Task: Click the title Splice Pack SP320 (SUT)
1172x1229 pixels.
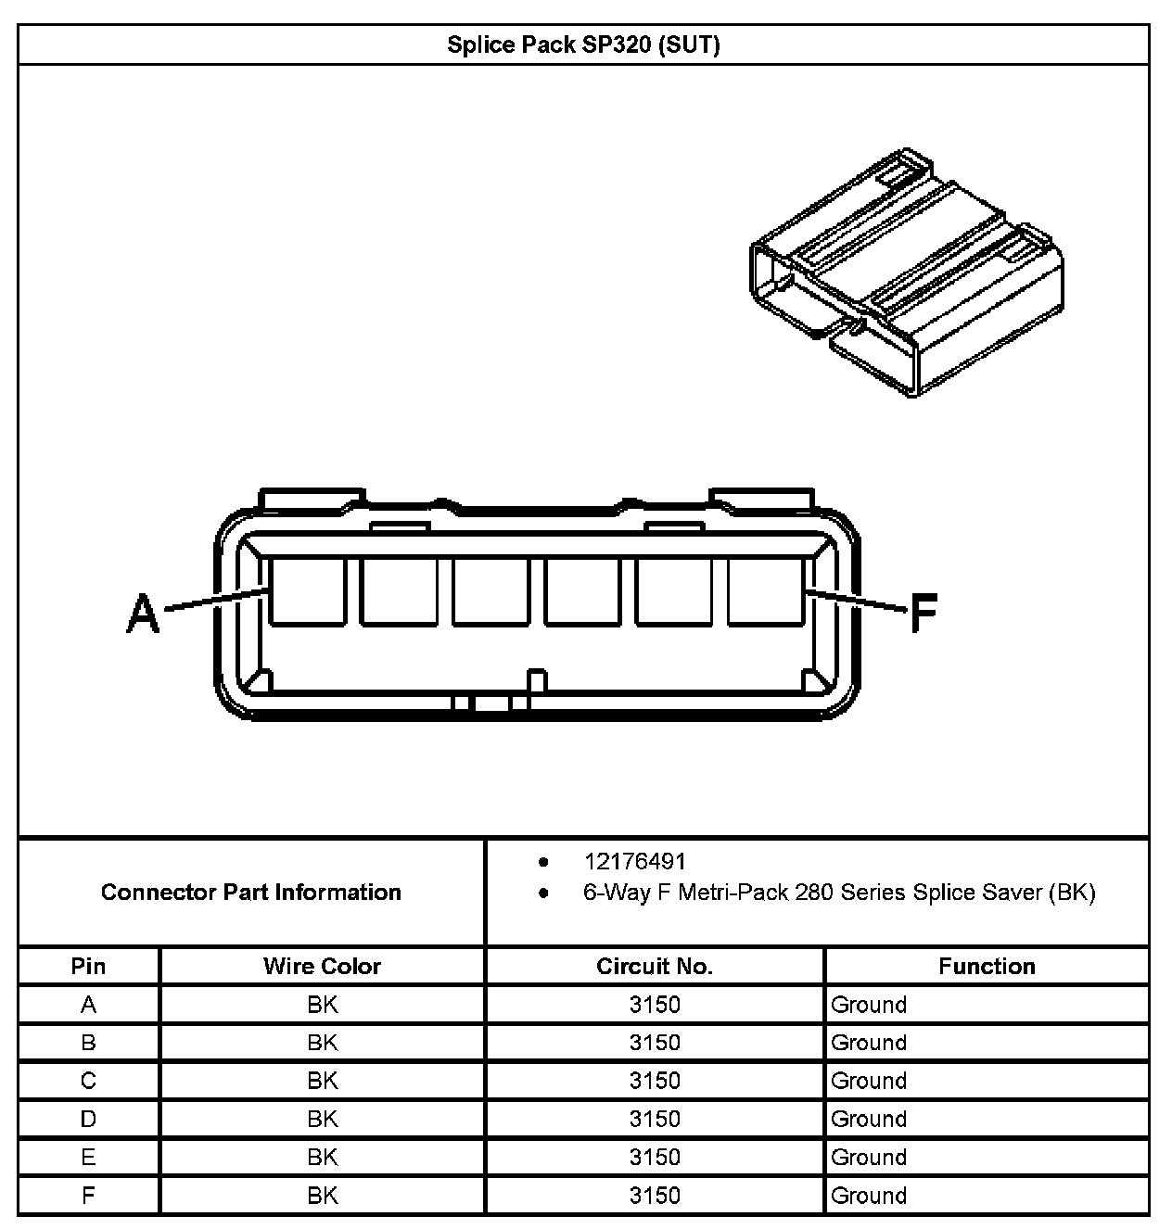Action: (x=583, y=44)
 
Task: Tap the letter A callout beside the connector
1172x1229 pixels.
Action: (x=143, y=614)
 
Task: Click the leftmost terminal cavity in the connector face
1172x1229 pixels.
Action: (x=307, y=590)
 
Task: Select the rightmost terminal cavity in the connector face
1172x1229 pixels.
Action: (x=765, y=590)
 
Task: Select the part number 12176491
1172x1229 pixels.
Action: (x=635, y=861)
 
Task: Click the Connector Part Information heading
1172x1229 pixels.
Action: (x=251, y=892)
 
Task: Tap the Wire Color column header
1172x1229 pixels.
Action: (x=322, y=966)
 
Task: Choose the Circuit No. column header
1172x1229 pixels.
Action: (x=655, y=966)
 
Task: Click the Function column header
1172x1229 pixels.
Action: (x=987, y=966)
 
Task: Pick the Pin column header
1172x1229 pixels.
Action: (x=88, y=966)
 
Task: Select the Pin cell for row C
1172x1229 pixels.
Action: (x=88, y=1081)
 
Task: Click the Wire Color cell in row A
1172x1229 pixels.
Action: (x=322, y=1005)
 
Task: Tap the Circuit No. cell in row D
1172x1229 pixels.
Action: (x=655, y=1119)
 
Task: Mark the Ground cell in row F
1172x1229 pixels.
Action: (x=869, y=1196)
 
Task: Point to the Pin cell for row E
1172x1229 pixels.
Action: (x=88, y=1157)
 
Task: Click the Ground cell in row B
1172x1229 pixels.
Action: (x=869, y=1043)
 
